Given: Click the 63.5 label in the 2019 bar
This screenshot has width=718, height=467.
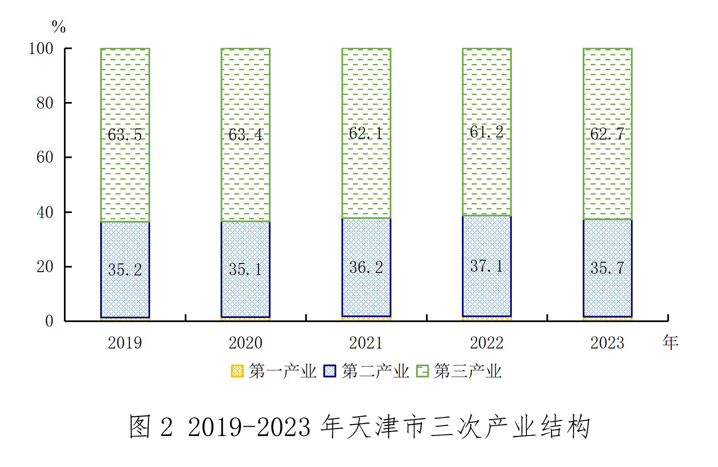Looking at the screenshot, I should click(125, 135).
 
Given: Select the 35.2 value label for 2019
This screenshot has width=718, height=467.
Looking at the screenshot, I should click(125, 270).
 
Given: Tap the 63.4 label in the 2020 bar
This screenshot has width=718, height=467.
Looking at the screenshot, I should click(245, 135).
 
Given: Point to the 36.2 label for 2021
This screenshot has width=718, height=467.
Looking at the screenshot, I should click(366, 267).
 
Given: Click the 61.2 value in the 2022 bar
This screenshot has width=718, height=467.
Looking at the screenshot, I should click(487, 132).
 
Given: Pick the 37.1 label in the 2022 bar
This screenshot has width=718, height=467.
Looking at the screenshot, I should click(487, 266).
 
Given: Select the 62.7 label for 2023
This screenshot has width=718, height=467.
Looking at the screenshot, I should click(607, 134).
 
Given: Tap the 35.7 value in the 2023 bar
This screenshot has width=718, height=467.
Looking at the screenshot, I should click(607, 268).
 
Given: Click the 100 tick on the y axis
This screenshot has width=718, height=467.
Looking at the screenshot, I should click(41, 49).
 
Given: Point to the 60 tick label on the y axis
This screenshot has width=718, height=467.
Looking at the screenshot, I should click(45, 157).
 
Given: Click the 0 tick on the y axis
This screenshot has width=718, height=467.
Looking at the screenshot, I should click(49, 321).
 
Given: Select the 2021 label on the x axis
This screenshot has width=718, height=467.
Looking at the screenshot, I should click(366, 343).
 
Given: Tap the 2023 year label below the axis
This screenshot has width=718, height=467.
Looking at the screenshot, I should click(607, 343).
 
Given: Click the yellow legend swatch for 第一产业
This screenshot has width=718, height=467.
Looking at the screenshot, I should click(237, 371).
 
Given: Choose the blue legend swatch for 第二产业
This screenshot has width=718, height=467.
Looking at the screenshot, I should click(330, 371).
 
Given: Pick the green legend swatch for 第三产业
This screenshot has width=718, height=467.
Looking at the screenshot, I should click(422, 371).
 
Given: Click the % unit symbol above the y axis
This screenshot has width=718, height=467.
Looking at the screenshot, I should click(59, 27).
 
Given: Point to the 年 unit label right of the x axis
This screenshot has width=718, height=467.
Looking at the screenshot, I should click(670, 342).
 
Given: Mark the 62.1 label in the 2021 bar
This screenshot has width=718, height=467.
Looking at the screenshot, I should click(366, 133).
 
